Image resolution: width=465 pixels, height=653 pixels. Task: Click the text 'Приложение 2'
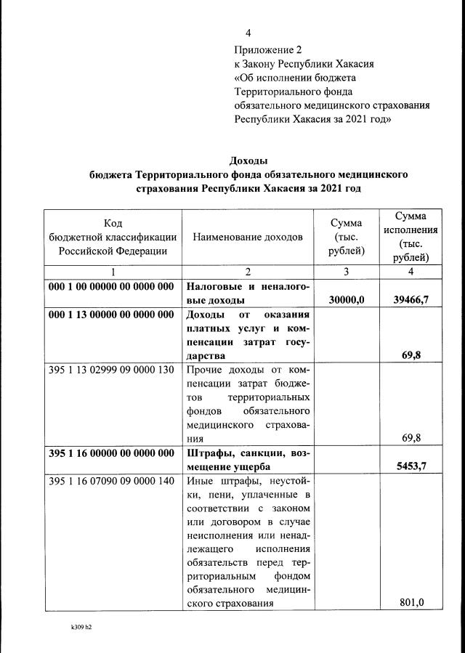tap(267, 50)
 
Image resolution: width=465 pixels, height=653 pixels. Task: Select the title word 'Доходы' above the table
tap(248, 160)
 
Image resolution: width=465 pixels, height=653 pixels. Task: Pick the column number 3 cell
tap(346, 272)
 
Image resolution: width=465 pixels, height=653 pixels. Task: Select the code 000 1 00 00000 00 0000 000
tap(111, 286)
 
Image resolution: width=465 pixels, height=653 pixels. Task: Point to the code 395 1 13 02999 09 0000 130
tap(111, 369)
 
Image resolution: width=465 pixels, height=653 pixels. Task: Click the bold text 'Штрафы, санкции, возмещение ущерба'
tap(248, 458)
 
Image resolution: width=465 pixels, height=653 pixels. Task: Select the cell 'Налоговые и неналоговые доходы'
tap(248, 293)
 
